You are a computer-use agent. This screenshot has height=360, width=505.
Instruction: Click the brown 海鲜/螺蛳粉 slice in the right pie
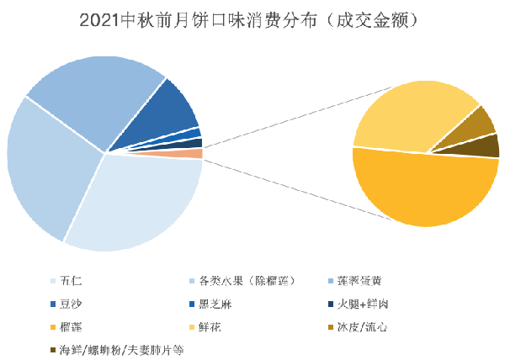(x=486, y=146)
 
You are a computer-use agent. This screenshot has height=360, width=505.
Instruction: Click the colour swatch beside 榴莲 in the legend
(x=53, y=326)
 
